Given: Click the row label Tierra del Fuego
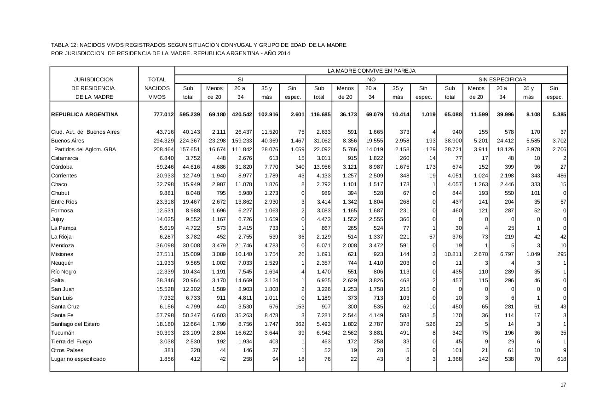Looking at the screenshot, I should (x=71, y=342).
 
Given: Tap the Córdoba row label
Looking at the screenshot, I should (x=62, y=167).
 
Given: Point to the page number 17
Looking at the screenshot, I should (x=563, y=385).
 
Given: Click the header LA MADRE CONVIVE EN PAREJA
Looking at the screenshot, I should (x=371, y=71).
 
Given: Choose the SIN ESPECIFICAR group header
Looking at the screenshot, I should (x=502, y=80).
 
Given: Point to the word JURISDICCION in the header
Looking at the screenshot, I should (x=94, y=80).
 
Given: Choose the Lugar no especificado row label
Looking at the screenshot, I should (x=78, y=359).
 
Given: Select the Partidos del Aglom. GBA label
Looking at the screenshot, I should (x=85, y=149).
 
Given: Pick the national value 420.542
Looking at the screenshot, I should (x=241, y=114).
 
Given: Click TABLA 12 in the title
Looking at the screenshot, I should (x=64, y=45).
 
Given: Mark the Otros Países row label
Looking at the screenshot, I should (x=67, y=350).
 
